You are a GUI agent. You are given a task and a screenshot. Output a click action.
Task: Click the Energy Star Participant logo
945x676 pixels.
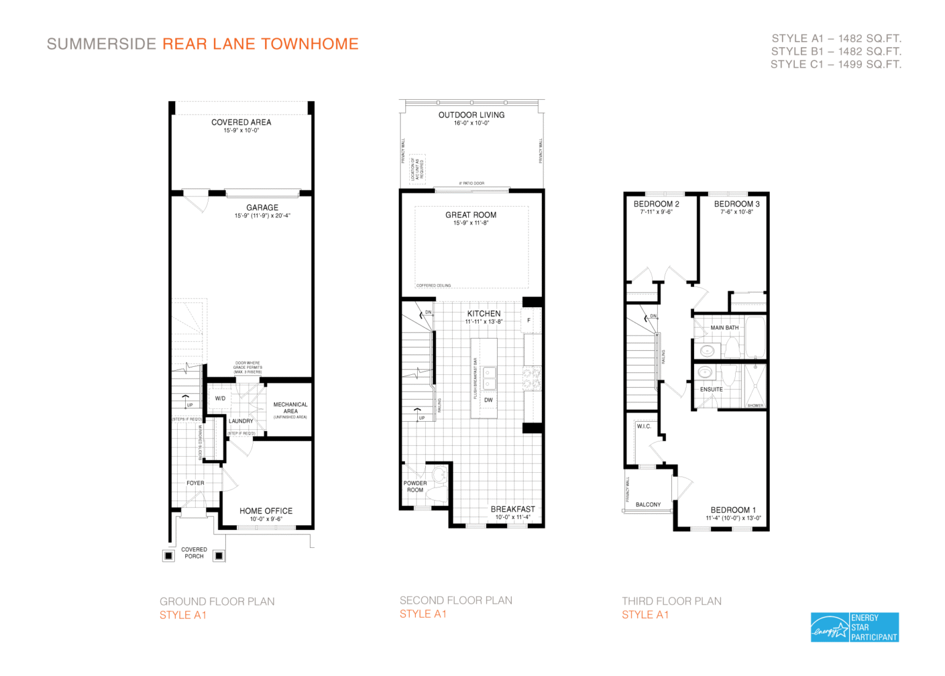tap(855, 627)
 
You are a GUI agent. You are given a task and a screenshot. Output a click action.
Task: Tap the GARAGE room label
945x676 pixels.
tap(262, 207)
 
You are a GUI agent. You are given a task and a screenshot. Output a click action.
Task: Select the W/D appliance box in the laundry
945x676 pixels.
tap(220, 398)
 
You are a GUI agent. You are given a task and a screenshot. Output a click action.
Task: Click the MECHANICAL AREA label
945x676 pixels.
tap(290, 408)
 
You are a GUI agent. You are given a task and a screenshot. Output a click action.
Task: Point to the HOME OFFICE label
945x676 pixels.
tap(266, 511)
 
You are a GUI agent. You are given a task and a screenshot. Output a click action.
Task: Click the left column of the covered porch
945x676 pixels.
tap(169, 555)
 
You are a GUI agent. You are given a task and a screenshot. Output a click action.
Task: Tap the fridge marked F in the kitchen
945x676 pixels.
tap(528, 320)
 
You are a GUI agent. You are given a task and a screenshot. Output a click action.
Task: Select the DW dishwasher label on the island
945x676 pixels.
tap(488, 400)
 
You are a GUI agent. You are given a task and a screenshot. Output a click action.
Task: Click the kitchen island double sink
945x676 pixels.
tap(489, 378)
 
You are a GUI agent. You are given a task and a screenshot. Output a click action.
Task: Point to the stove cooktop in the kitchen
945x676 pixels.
tap(531, 378)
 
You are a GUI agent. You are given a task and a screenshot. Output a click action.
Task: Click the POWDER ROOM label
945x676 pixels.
tap(415, 486)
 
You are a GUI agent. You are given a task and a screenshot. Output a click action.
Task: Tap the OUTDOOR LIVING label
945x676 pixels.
tap(471, 115)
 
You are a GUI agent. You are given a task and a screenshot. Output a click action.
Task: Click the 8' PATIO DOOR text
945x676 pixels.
tap(471, 183)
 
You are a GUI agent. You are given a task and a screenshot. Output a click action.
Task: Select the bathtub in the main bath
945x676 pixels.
tap(755, 337)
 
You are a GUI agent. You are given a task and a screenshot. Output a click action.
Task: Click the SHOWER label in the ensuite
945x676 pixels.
tap(755, 405)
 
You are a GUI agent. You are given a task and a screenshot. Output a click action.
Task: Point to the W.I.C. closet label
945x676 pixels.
tap(644, 426)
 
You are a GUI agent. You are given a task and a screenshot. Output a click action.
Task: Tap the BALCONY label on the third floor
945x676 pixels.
tap(648, 504)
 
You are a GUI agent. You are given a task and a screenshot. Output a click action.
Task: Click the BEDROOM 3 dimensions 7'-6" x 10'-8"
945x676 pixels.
tap(736, 212)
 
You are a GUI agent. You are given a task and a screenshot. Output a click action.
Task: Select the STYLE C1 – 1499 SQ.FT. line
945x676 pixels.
tap(835, 64)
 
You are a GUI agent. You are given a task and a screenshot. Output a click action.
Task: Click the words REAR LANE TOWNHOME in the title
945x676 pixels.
tap(260, 44)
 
